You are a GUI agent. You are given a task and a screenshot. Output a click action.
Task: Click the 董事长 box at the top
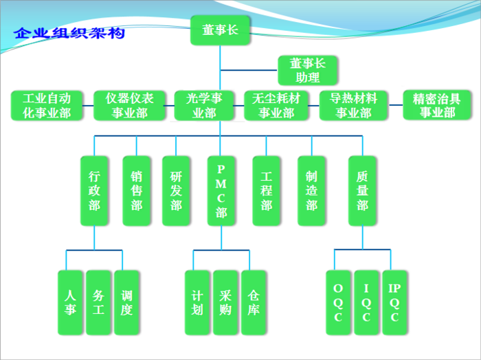220,30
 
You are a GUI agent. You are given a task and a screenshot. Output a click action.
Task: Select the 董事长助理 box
307,71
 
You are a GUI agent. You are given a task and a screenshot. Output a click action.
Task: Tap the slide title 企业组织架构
69,33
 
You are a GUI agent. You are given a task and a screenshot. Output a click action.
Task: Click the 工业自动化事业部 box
47,106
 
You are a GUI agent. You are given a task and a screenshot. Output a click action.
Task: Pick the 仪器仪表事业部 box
129,106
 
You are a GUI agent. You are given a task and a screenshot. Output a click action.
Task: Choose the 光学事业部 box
204,106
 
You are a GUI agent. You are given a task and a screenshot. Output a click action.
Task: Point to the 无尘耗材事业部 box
276,106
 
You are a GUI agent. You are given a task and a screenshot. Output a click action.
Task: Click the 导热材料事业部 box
353,106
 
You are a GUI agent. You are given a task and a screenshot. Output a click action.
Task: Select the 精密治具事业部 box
437,105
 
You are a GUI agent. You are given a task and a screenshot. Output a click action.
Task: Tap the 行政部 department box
94,191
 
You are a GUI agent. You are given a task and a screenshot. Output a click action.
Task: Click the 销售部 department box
137,191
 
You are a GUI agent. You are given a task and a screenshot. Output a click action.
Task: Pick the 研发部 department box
176,191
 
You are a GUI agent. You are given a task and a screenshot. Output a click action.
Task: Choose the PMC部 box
221,191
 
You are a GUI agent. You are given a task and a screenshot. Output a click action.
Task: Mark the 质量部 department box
362,191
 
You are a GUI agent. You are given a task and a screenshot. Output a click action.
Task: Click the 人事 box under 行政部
70,302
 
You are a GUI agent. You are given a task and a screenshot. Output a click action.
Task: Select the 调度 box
126,302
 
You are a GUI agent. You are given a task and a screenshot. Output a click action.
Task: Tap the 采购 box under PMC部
225,302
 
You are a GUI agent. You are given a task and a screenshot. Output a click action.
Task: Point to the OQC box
338,302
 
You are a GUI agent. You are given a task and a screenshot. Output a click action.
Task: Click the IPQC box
395,302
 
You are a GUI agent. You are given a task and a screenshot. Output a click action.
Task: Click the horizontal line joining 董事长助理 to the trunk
249,70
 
